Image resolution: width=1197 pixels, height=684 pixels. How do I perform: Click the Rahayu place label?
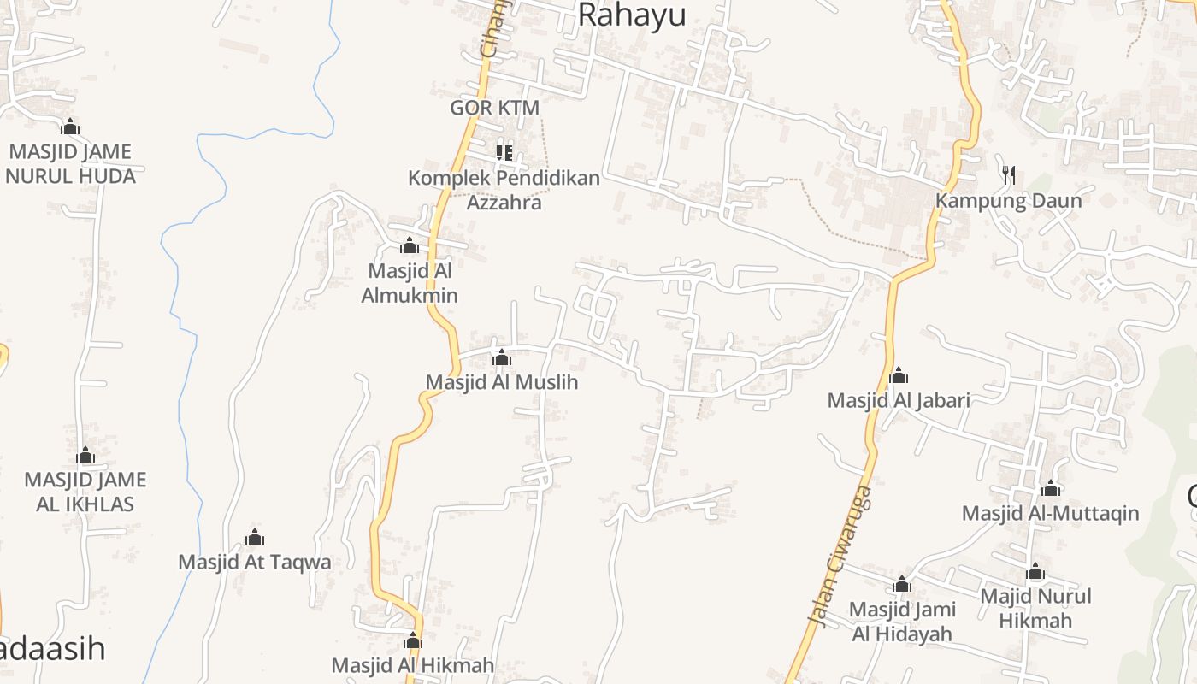click(632, 15)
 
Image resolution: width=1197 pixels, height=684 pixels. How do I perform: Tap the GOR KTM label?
click(494, 108)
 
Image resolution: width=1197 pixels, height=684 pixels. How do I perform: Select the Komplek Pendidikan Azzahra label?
click(504, 191)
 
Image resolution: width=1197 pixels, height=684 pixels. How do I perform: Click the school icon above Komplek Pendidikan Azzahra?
click(504, 153)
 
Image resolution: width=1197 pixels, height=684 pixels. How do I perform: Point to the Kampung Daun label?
click(1008, 201)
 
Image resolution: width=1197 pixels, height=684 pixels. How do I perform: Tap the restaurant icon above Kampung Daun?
click(1009, 175)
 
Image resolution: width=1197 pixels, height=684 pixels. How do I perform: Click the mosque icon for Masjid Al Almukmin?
click(410, 246)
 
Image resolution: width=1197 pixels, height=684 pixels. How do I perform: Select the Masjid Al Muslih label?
click(502, 382)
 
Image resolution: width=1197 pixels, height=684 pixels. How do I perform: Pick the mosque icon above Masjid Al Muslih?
click(502, 357)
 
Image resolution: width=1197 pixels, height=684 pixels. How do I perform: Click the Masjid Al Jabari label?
click(899, 400)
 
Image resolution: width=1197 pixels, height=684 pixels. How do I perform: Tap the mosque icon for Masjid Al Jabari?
click(899, 375)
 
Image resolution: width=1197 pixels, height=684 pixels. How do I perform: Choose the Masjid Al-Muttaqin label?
click(1051, 513)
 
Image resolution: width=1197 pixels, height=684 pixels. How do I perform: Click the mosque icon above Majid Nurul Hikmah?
click(1035, 572)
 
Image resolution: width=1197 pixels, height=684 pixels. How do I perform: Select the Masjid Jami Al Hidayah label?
click(902, 622)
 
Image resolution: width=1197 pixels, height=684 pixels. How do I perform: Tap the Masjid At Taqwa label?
click(255, 562)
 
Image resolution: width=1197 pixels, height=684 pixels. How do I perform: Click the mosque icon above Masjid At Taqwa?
click(255, 537)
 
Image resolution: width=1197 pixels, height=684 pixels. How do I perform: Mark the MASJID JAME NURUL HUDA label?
click(70, 164)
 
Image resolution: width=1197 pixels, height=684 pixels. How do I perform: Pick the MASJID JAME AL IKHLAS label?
click(85, 492)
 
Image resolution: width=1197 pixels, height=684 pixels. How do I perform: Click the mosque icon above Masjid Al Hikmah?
click(413, 640)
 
